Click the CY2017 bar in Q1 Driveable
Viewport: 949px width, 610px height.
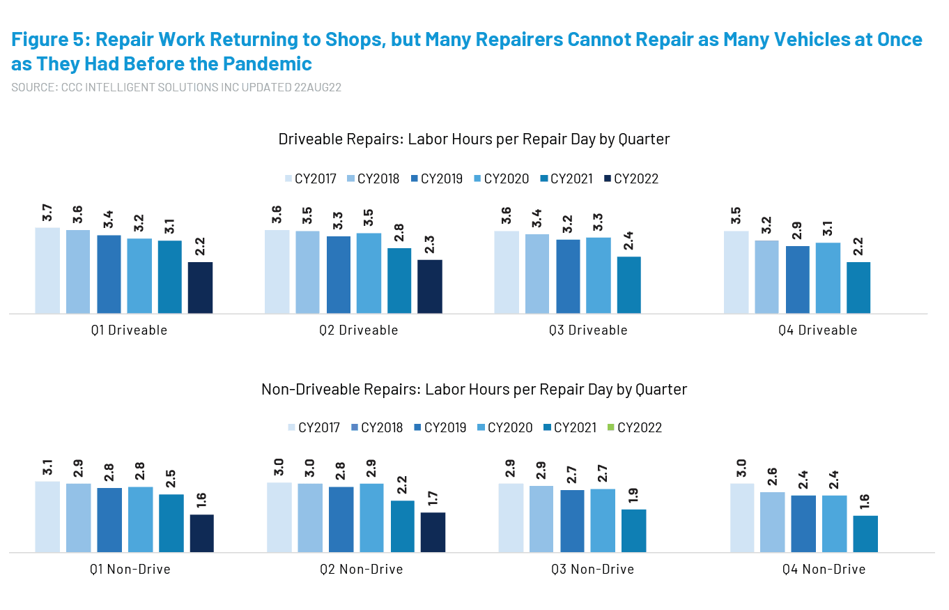point(47,270)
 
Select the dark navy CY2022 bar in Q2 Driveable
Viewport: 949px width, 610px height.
point(430,286)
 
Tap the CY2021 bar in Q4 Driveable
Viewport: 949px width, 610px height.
point(858,287)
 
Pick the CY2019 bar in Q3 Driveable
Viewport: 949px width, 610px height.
point(568,276)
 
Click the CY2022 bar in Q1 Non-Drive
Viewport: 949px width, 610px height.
point(201,533)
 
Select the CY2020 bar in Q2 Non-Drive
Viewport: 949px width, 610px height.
point(371,517)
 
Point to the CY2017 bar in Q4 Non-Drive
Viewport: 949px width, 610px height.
point(742,517)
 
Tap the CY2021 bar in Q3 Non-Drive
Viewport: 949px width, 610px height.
point(634,531)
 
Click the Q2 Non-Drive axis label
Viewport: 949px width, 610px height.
point(361,570)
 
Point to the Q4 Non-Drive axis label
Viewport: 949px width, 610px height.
point(822,570)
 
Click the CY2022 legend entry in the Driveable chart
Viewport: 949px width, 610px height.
point(632,179)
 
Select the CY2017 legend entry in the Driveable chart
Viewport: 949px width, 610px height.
point(311,179)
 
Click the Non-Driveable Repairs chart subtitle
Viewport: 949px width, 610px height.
point(474,389)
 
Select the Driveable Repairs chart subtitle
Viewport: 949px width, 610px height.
point(474,139)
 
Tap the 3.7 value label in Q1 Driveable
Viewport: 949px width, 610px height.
point(47,215)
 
